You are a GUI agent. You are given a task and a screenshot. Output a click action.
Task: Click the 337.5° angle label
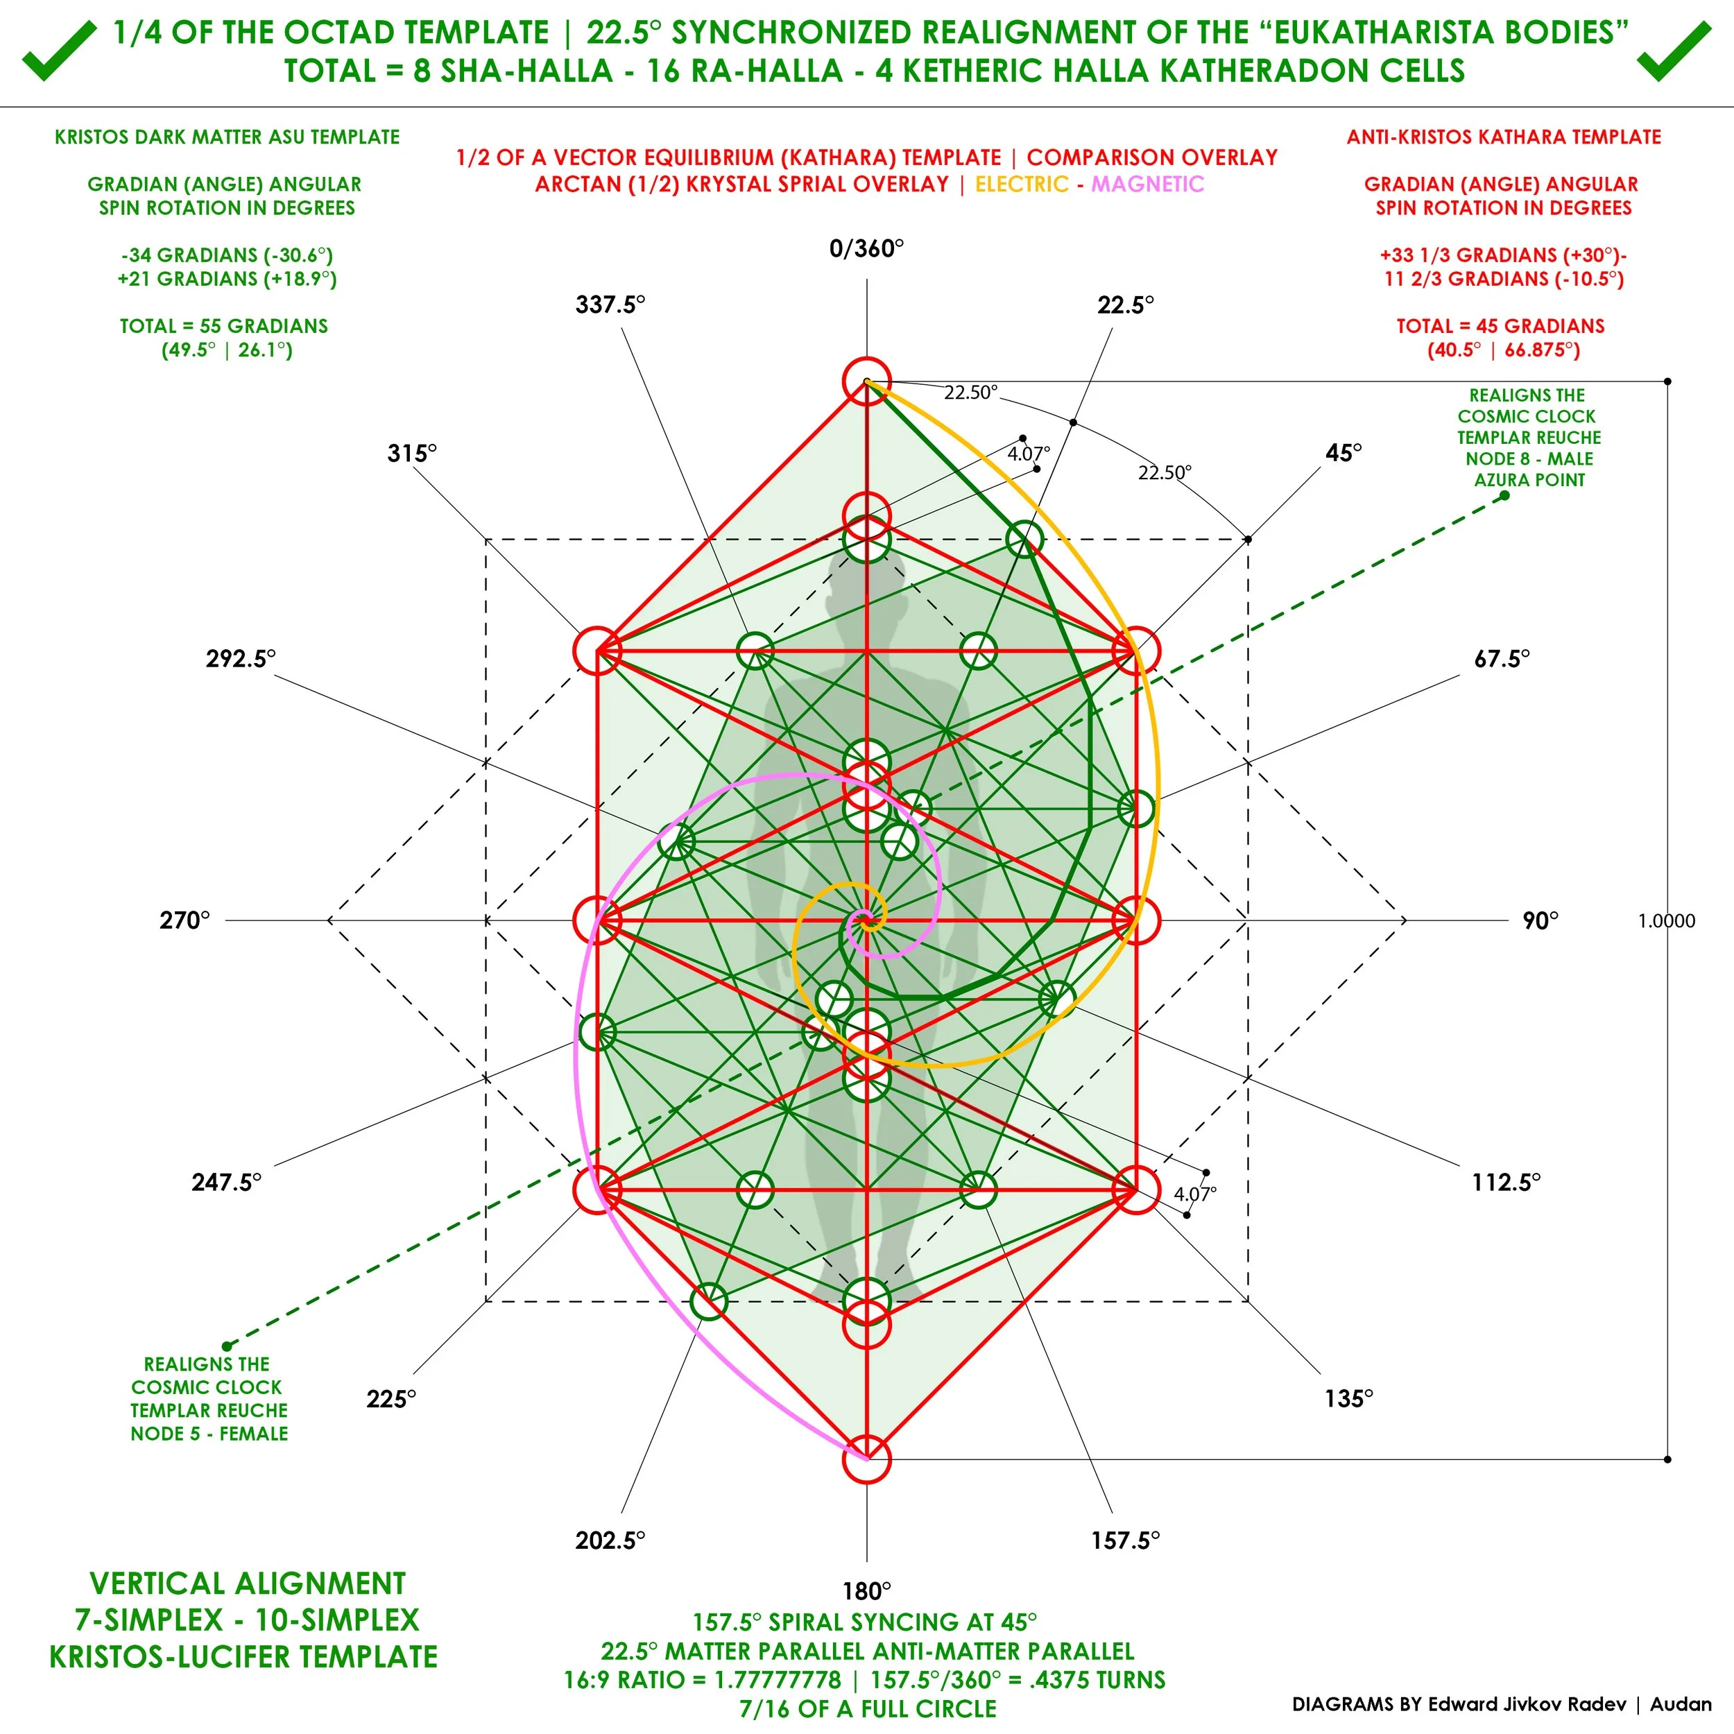pos(610,305)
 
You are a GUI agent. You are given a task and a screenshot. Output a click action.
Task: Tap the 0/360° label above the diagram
pos(866,248)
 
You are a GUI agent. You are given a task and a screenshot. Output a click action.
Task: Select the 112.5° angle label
pos(1506,1182)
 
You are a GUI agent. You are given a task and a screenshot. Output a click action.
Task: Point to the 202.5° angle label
pos(610,1540)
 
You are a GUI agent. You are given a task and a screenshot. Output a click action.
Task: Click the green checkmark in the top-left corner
pos(59,51)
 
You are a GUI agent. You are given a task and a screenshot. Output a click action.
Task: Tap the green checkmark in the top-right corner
pos(1675,51)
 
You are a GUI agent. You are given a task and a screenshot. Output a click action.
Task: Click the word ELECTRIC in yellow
pos(1022,184)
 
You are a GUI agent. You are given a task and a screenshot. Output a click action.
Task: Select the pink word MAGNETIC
pos(1148,184)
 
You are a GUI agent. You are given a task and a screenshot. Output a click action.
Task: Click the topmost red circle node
pos(866,381)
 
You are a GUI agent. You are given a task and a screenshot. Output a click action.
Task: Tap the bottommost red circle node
pos(866,1459)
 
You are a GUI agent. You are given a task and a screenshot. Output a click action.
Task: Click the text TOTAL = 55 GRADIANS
pos(224,326)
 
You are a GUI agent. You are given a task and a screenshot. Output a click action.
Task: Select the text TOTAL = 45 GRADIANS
pos(1501,326)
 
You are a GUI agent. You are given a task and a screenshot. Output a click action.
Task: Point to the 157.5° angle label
pos(1126,1540)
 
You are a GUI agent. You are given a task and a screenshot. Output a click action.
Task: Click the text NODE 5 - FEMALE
pos(209,1434)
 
